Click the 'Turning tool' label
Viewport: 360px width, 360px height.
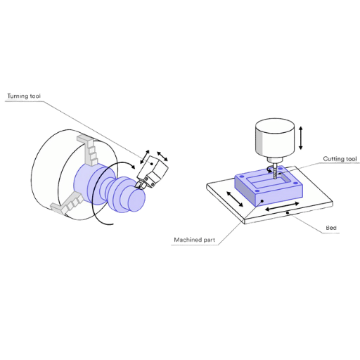pyautogui.click(x=24, y=96)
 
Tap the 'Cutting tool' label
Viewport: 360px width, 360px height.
pyautogui.click(x=340, y=159)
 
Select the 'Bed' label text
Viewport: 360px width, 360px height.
pyautogui.click(x=331, y=228)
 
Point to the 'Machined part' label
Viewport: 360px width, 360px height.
pyautogui.click(x=194, y=240)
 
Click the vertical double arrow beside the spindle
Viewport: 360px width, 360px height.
pyautogui.click(x=301, y=138)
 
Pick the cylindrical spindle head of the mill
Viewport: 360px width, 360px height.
pyautogui.click(x=274, y=138)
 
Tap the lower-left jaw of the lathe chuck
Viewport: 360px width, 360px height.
pyautogui.click(x=67, y=203)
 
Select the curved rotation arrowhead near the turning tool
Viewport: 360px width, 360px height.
pyautogui.click(x=133, y=167)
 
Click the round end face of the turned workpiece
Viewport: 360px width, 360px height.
pyautogui.click(x=136, y=200)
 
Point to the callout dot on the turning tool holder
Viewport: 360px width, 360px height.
pyautogui.click(x=152, y=164)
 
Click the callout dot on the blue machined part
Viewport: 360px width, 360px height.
pyautogui.click(x=262, y=201)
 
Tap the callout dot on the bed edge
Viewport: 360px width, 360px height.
pyautogui.click(x=288, y=213)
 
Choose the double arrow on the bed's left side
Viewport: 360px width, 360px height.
pyautogui.click(x=235, y=199)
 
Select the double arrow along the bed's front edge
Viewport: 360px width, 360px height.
pyautogui.click(x=282, y=206)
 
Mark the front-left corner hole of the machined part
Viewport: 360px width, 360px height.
pyautogui.click(x=257, y=191)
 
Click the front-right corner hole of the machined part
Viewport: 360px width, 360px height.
pyautogui.click(x=295, y=183)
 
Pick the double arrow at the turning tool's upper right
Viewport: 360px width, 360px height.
pyautogui.click(x=162, y=156)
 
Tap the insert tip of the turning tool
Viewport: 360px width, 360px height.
pyautogui.click(x=136, y=186)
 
